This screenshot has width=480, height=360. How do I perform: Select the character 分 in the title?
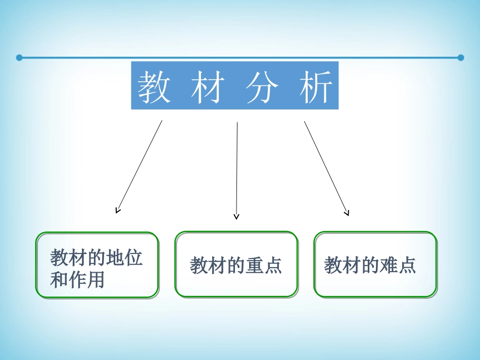pos(262,86)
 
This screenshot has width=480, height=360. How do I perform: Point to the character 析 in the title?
pos(316,86)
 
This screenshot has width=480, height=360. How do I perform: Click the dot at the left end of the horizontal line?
pos(19,58)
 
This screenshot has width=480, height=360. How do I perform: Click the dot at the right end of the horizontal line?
pos(460,58)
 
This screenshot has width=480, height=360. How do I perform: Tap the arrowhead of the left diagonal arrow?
pos(117,211)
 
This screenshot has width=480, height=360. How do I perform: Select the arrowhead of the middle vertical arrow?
pos(236,217)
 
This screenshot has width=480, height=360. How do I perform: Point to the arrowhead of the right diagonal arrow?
pos(347,213)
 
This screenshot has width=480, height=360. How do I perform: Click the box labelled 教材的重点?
pos(236,264)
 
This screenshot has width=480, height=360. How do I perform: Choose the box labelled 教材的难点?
pos(375,264)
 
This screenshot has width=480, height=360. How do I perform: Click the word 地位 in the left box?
pos(124,258)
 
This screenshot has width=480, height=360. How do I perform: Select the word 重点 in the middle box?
pos(264,266)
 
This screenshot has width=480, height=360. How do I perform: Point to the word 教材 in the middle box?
pos(208,266)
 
